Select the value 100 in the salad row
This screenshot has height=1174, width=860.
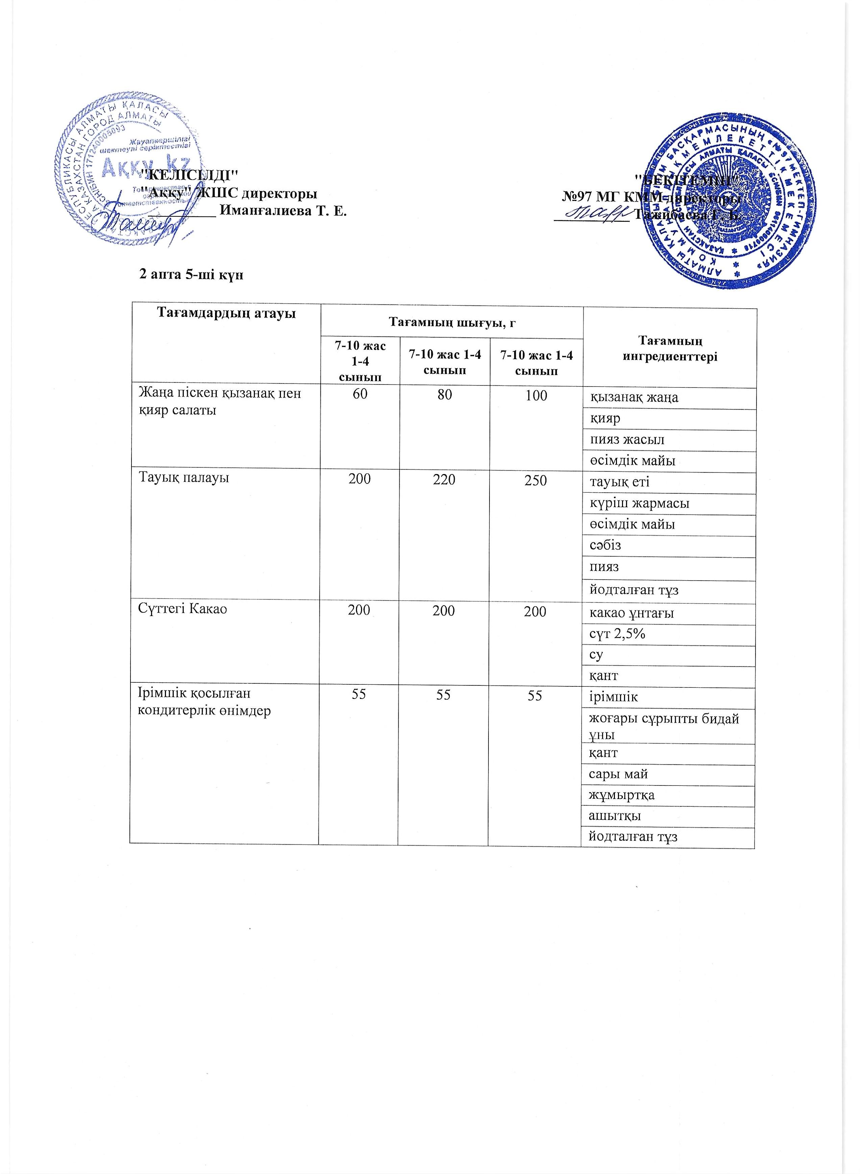click(x=536, y=396)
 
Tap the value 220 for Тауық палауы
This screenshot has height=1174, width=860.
click(x=444, y=479)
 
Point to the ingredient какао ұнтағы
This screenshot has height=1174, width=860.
click(x=631, y=613)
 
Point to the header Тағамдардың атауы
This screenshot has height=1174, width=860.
click(x=226, y=313)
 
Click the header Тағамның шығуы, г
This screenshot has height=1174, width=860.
click(x=452, y=323)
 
